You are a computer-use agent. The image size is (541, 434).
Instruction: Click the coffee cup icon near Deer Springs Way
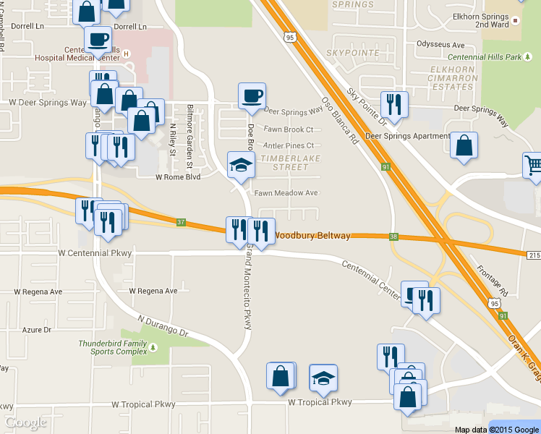(252, 96)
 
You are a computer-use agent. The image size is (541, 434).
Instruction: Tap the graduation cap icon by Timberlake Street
(241, 166)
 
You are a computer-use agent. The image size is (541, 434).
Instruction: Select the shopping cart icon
(533, 166)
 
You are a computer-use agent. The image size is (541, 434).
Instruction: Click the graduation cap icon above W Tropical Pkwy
(323, 378)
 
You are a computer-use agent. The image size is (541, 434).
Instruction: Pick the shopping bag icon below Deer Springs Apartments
(464, 145)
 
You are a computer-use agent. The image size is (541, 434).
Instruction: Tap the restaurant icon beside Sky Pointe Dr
(394, 105)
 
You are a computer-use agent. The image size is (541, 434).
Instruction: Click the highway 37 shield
(181, 222)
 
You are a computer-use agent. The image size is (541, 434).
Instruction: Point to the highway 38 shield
(393, 237)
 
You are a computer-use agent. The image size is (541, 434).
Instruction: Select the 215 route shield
(533, 255)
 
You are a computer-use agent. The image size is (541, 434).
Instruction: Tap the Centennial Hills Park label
(485, 56)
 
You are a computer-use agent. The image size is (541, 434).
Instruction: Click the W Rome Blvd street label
(178, 176)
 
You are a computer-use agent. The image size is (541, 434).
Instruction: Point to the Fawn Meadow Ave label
(286, 193)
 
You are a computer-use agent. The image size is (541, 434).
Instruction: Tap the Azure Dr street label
(37, 330)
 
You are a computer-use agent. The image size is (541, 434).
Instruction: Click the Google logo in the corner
(26, 422)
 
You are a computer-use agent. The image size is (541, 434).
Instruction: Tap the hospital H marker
(127, 54)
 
